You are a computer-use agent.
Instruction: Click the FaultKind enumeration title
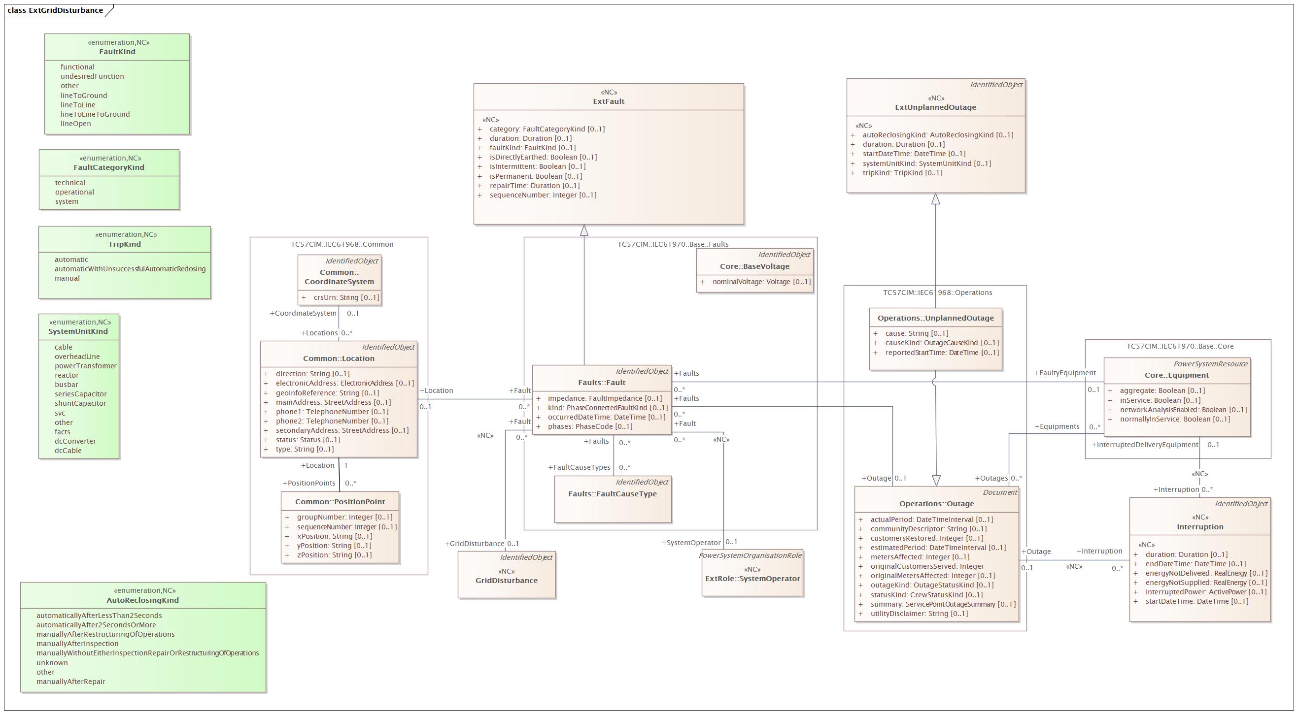[117, 51]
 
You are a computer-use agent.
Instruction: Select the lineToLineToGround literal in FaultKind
[95, 114]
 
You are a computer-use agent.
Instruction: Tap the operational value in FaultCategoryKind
[74, 192]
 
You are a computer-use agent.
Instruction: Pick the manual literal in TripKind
[67, 278]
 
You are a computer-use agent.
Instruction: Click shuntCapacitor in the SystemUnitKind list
[81, 403]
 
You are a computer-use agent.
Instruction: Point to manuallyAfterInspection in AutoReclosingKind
[77, 644]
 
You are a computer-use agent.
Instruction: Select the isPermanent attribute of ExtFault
[536, 176]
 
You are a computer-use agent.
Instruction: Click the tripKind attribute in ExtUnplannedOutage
[902, 173]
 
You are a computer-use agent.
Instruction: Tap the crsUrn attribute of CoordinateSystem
[346, 297]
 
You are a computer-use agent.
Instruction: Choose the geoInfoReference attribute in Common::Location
[328, 393]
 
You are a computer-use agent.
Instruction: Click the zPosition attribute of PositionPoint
[334, 555]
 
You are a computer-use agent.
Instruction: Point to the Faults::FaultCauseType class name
[613, 494]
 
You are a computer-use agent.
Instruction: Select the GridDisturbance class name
[507, 581]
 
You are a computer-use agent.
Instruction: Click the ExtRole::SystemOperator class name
[753, 579]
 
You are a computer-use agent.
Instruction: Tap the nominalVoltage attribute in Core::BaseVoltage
[761, 282]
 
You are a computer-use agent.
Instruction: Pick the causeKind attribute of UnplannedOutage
[942, 343]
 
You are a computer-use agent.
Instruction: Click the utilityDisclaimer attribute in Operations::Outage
[919, 614]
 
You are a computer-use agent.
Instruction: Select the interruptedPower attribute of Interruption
[1206, 592]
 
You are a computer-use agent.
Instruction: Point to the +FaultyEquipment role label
[1065, 373]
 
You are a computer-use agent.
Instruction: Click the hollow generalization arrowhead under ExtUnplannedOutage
[936, 199]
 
